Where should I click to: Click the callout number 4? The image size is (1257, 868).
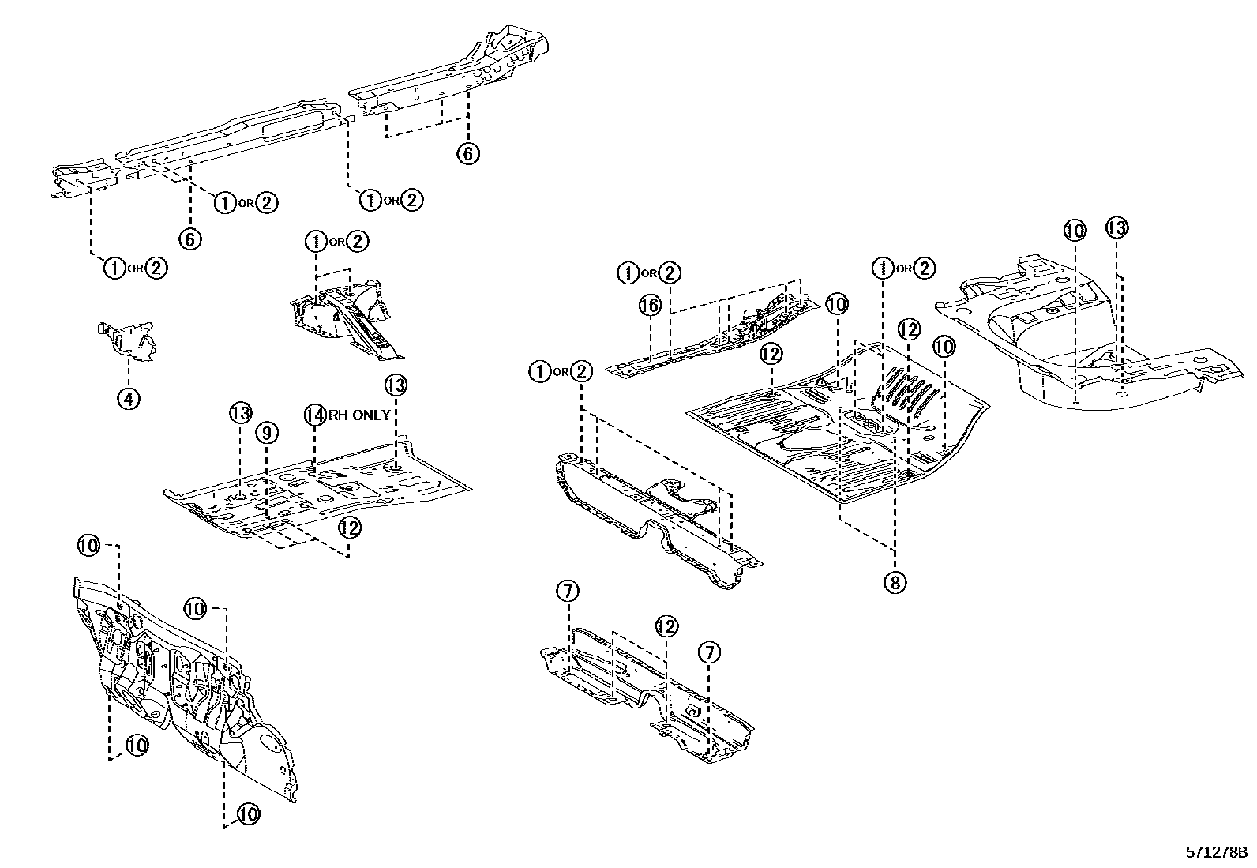(129, 398)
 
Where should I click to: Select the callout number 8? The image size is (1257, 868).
(895, 582)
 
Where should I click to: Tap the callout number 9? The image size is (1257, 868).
(267, 432)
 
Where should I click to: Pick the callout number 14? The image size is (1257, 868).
(315, 415)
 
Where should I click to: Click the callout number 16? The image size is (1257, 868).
(649, 306)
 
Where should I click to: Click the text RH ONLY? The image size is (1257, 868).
(358, 415)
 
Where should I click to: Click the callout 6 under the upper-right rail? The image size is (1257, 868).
(467, 153)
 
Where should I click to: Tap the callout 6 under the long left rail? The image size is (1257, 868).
(190, 239)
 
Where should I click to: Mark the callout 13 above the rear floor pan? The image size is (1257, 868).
(1116, 228)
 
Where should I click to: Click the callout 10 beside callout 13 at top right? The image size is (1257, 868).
(1075, 231)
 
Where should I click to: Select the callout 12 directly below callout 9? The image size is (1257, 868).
(350, 527)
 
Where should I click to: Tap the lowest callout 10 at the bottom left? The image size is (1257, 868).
(248, 814)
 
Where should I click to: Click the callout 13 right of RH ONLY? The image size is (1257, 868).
(396, 385)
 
